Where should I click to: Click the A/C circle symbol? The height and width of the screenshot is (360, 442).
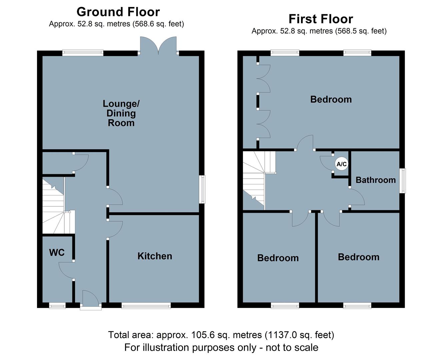point(342,164)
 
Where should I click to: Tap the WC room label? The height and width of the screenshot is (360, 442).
point(57,253)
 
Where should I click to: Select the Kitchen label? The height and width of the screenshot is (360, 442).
point(155,256)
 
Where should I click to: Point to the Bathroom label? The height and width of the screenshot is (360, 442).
point(376,180)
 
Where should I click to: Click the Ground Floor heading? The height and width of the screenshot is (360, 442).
point(118,12)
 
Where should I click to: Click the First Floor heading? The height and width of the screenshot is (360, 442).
point(321,19)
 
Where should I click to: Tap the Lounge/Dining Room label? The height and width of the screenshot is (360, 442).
point(121,113)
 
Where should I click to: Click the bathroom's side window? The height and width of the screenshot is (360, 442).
point(403,181)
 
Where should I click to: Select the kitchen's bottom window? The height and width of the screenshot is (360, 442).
point(146,305)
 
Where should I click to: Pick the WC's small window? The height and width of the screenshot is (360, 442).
point(57,305)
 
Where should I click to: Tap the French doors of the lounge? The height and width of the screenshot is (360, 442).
point(158,46)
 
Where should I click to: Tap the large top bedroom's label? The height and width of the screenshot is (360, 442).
point(331,99)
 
